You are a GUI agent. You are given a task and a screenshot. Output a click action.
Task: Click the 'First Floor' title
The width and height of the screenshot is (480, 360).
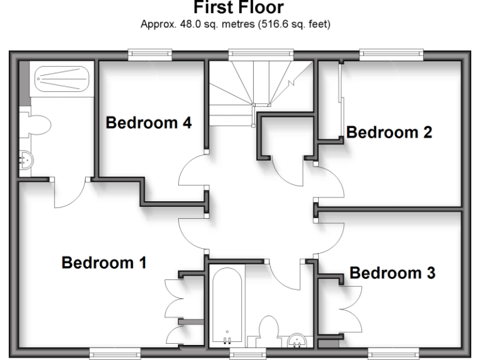240,7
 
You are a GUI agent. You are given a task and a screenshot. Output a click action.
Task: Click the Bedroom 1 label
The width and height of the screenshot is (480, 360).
103,262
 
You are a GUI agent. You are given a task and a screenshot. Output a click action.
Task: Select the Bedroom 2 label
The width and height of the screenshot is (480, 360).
389,132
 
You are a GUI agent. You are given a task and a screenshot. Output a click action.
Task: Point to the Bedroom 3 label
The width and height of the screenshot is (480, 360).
392,273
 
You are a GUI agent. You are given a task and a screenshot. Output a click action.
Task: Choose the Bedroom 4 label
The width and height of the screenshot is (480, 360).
148,122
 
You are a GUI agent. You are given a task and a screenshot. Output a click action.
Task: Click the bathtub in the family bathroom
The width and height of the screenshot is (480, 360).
226,306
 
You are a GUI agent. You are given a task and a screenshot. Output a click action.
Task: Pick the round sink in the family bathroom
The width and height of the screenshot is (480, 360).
297,341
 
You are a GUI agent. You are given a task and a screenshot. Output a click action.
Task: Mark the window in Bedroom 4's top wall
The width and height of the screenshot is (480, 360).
150,55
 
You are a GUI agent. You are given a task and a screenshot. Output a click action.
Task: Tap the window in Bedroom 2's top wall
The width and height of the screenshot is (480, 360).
382,55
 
